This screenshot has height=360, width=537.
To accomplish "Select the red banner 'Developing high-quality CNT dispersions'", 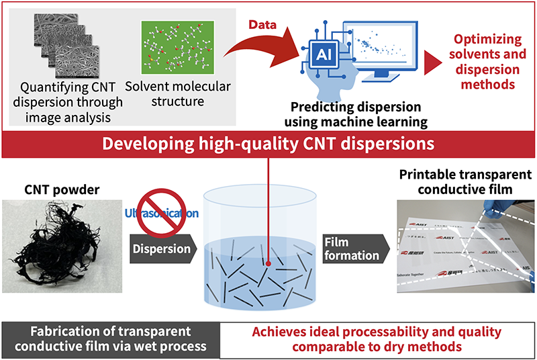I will click(x=268, y=143).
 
